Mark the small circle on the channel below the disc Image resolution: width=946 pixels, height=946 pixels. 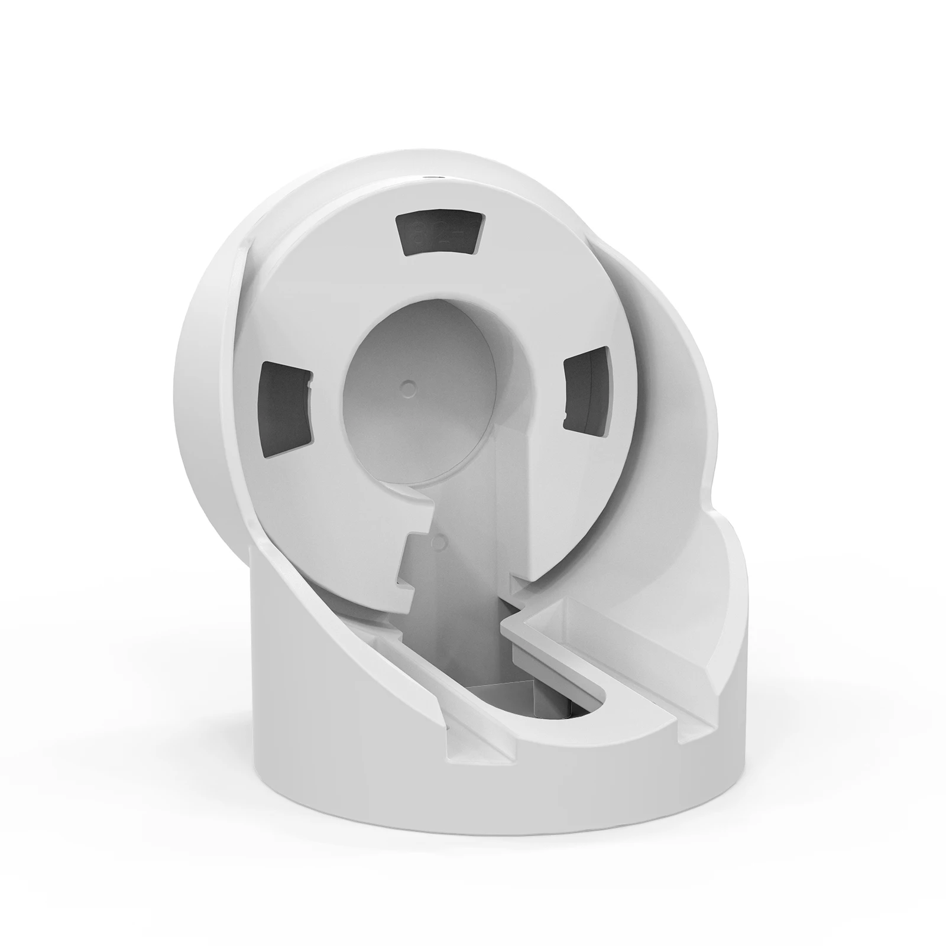tap(439, 539)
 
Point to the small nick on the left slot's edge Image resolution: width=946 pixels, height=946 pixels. tap(309, 387)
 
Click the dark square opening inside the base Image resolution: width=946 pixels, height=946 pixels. tap(503, 704)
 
